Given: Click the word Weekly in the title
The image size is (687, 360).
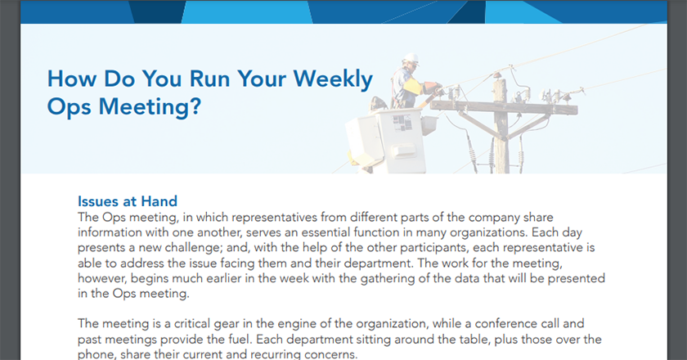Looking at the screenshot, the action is coord(333,79).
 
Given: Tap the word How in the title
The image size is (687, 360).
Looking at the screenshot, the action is coord(72,79).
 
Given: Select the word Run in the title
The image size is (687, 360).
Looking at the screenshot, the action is coord(209,79).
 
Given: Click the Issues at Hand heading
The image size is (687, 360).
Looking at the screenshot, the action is coord(128,201).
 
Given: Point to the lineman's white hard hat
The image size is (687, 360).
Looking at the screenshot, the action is coord(411,59).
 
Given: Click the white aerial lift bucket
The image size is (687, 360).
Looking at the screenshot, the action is coord(385,140).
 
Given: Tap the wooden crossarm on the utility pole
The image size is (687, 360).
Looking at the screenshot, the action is coord(504,108).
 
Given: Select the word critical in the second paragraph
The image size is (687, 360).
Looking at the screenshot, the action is coord(192,324).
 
